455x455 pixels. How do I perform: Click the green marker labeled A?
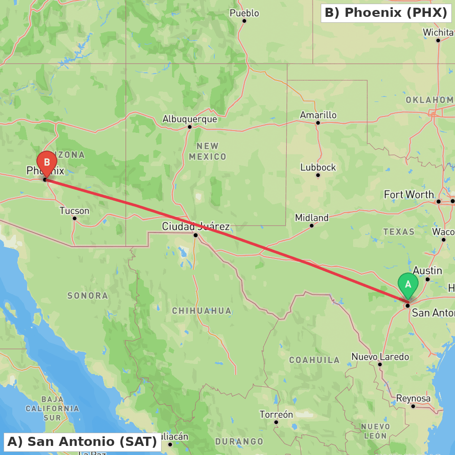click(x=408, y=285)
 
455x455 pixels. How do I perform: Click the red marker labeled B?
click(x=47, y=162)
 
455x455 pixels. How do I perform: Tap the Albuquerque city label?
click(x=190, y=119)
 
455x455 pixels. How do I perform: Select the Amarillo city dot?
click(x=318, y=123)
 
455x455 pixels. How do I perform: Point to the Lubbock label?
click(x=318, y=167)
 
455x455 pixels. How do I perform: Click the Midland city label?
click(x=312, y=217)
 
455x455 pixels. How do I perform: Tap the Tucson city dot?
click(x=75, y=218)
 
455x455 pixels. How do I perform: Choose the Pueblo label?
click(x=244, y=13)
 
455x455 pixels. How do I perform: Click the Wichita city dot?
click(x=438, y=40)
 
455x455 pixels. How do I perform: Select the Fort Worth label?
click(x=409, y=195)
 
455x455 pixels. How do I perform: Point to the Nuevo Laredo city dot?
click(x=380, y=364)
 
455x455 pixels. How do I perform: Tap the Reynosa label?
click(x=413, y=399)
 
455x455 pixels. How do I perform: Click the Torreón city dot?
click(x=276, y=422)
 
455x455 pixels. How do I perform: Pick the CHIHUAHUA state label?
click(x=202, y=311)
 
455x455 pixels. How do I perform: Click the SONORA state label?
click(x=88, y=296)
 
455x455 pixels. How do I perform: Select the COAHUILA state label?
click(x=314, y=360)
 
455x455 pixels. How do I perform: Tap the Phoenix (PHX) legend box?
click(x=386, y=13)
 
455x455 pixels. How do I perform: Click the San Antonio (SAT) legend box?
click(x=82, y=442)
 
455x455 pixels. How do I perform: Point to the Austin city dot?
click(x=428, y=279)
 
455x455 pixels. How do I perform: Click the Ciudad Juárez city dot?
click(x=196, y=235)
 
